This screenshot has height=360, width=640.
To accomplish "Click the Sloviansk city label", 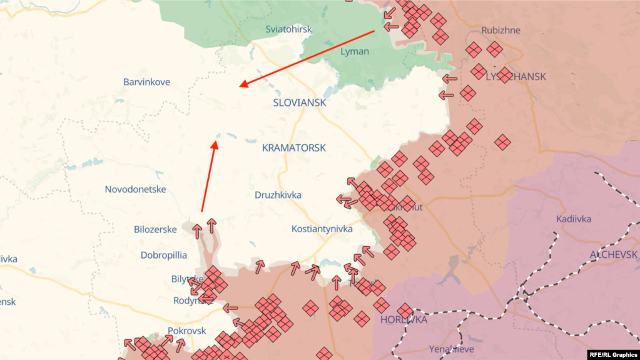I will pyautogui.click(x=300, y=102).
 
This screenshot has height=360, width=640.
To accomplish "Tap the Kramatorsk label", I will pyautogui.click(x=294, y=148).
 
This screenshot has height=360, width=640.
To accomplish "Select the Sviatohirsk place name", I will pyautogui.click(x=288, y=29).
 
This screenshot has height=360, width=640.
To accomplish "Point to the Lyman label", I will pyautogui.click(x=355, y=51).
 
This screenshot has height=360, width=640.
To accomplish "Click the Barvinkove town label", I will pyautogui.click(x=146, y=82).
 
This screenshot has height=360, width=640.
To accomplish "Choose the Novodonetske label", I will pyautogui.click(x=135, y=189).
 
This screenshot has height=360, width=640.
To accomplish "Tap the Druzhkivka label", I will pyautogui.click(x=278, y=195).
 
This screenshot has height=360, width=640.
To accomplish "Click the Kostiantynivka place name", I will pyautogui.click(x=322, y=229).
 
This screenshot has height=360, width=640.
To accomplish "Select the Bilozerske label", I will pyautogui.click(x=155, y=229).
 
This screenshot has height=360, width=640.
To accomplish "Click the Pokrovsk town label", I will pyautogui.click(x=186, y=330).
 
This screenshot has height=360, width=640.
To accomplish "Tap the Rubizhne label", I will pyautogui.click(x=500, y=30).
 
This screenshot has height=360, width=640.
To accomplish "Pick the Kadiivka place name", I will pyautogui.click(x=573, y=219).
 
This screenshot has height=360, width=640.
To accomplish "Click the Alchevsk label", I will pyautogui.click(x=613, y=254).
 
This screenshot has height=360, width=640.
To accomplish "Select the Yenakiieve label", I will pyautogui.click(x=451, y=349).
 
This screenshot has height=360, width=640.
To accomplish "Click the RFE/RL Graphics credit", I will pyautogui.click(x=612, y=354).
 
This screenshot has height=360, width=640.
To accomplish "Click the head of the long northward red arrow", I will pyautogui.click(x=215, y=143).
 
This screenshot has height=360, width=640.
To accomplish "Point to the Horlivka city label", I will pyautogui.click(x=404, y=319).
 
